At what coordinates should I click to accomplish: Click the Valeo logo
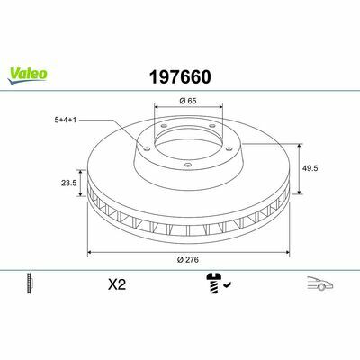tap(28, 75)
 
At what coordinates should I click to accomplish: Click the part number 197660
tap(180, 77)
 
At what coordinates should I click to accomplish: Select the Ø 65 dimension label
tap(188, 101)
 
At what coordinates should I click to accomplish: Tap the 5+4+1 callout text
tap(65, 120)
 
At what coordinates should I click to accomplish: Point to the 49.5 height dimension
tap(310, 168)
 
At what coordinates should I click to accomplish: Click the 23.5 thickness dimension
tap(69, 183)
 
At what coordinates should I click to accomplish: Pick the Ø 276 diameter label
tap(188, 260)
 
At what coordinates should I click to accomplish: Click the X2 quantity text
tap(117, 284)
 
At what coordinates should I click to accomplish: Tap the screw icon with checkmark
tap(218, 283)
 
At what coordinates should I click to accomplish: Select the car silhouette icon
tap(319, 283)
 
